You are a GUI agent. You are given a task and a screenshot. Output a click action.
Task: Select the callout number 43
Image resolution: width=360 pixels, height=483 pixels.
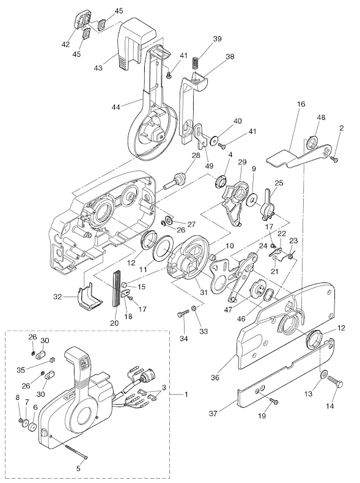click(x=98, y=67)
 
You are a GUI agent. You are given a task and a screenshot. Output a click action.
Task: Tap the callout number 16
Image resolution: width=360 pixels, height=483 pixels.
click(x=301, y=104)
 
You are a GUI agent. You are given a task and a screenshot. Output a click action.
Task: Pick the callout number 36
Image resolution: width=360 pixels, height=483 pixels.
click(x=215, y=377)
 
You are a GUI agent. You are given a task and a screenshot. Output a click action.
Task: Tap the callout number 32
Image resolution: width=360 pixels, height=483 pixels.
click(x=58, y=297)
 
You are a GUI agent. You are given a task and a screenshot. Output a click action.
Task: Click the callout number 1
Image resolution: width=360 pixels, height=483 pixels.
click(x=186, y=394)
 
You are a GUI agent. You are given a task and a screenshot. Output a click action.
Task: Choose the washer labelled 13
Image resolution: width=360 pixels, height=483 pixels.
click(x=325, y=374)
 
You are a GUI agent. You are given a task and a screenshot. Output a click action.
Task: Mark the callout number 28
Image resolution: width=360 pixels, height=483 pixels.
click(x=196, y=155)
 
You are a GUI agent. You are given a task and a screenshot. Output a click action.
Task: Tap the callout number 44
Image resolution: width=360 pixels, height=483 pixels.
click(x=116, y=107)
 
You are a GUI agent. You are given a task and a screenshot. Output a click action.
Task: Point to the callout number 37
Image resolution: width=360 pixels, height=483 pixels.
click(x=213, y=413)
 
